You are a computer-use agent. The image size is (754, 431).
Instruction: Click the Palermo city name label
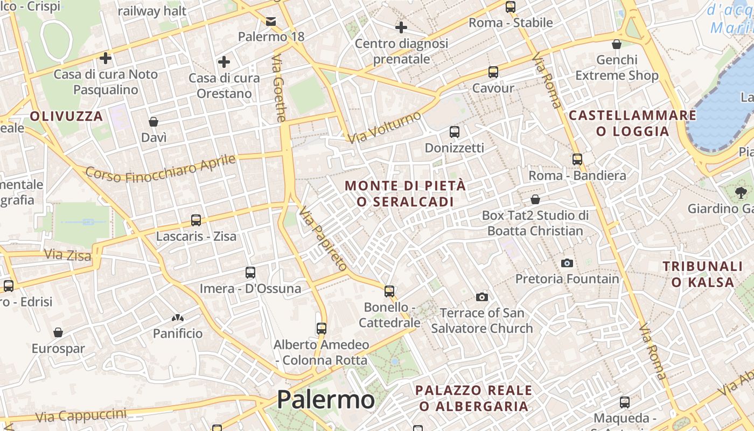[325, 400]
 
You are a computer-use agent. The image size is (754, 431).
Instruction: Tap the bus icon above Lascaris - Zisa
[196, 220]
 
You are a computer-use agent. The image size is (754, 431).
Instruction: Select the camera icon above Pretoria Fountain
[567, 263]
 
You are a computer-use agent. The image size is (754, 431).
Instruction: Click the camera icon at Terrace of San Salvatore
[482, 297]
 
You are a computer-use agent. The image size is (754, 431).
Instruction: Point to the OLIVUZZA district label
[66, 116]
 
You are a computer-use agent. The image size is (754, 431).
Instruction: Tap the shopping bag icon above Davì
[153, 122]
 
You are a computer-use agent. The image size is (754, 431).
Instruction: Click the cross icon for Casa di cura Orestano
[224, 62]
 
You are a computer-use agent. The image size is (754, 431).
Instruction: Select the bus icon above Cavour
[493, 72]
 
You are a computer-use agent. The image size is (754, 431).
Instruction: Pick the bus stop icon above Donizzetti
[455, 131]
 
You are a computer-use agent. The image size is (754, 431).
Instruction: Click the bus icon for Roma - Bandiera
[577, 159]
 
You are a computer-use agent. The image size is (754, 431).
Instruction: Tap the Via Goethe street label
[279, 88]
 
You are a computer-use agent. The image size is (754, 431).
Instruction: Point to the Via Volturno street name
[384, 128]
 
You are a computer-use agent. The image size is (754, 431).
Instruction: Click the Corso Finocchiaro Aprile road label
[160, 168]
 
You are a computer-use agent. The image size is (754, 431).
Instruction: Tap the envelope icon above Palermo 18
[271, 21]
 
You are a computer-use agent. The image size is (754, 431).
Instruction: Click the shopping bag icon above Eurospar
[58, 332]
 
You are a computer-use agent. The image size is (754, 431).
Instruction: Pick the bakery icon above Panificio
[178, 318]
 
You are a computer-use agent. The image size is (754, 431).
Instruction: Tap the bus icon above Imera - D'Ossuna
[250, 273]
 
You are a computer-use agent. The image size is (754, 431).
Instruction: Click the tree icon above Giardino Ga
[741, 192]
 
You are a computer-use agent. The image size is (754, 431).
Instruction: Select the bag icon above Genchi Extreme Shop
[617, 44]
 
